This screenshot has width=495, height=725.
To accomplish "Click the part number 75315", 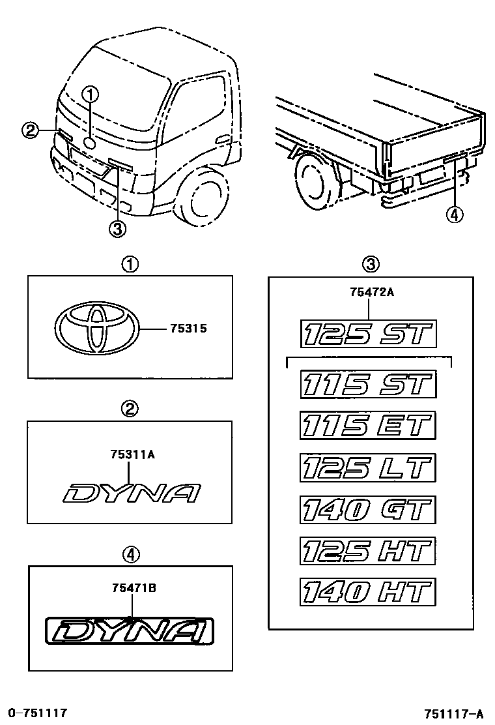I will (x=188, y=329).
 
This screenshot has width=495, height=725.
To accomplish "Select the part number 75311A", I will (x=132, y=456).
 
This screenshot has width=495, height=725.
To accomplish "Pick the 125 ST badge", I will (x=367, y=334).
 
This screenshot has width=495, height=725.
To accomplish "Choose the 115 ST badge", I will (x=367, y=383).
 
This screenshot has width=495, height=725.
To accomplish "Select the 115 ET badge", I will (x=367, y=426).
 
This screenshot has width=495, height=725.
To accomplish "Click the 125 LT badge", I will (x=367, y=467).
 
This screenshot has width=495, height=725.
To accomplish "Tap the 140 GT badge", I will (x=367, y=509).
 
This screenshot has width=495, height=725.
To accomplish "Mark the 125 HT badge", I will (x=367, y=551).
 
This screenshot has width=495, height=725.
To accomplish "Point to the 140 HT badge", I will (x=367, y=593).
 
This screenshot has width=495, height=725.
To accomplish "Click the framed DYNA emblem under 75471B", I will (x=131, y=632).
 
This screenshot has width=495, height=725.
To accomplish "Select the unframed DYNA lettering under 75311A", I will (x=132, y=494).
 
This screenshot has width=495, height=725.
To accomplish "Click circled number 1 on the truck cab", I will (x=90, y=95).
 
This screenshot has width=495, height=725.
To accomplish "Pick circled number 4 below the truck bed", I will (x=455, y=213).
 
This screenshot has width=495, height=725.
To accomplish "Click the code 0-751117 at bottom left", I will (x=38, y=713).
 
